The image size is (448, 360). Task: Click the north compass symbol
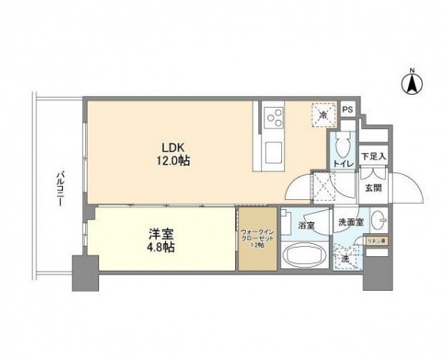(x=413, y=82)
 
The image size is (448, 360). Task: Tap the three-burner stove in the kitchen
(x=273, y=119)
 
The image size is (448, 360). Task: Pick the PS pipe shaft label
(x=347, y=111)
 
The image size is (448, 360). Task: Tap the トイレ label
(x=343, y=164)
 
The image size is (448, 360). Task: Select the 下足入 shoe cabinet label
(x=374, y=156)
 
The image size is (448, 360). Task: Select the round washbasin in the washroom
(x=379, y=222)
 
